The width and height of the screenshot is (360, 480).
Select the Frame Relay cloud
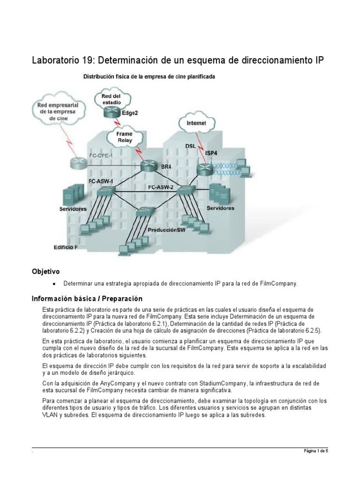[124, 137]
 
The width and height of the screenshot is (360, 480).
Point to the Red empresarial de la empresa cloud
[58, 112]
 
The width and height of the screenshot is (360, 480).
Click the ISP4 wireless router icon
[205, 169]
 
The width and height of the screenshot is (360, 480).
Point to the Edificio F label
[66, 247]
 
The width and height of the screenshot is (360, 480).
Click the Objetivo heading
[45, 271]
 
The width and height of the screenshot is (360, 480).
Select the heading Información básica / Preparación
[87, 299]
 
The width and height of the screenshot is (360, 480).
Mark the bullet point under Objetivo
[55, 284]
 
